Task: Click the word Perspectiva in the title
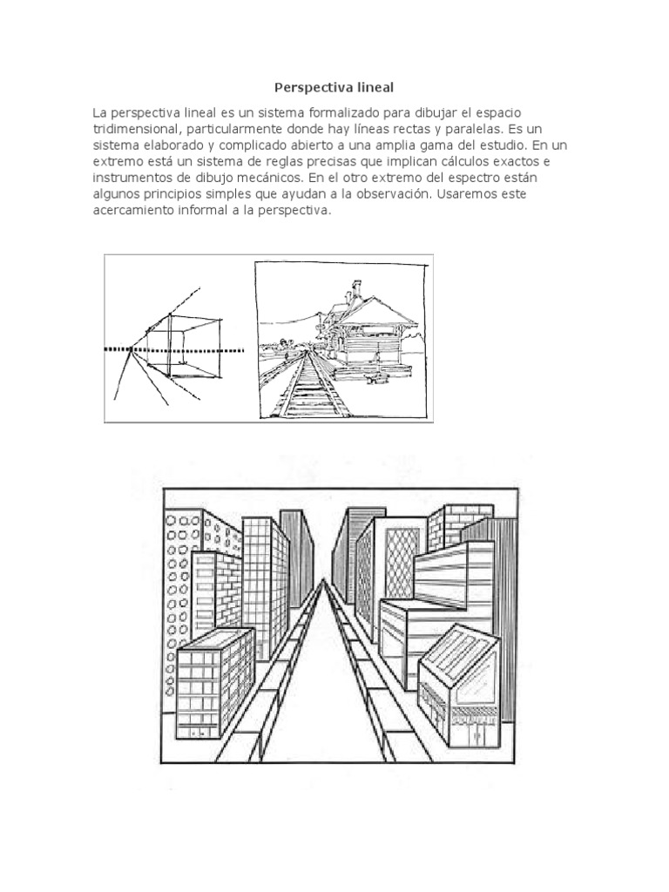click(308, 87)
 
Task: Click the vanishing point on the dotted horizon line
click(130, 349)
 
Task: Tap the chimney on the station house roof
click(355, 288)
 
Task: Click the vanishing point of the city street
click(324, 582)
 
